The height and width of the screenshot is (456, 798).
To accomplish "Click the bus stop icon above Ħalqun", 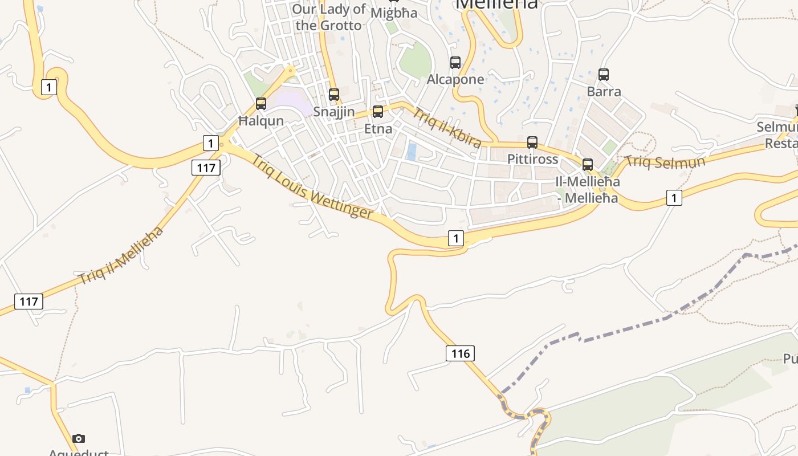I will (261, 104).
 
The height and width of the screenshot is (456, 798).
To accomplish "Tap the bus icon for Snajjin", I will (334, 95).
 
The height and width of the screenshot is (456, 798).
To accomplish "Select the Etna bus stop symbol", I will (378, 112).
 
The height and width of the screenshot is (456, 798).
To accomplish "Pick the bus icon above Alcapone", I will (455, 63).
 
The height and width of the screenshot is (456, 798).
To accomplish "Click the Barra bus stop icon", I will (604, 75).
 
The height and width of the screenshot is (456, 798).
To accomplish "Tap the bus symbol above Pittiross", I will (532, 142).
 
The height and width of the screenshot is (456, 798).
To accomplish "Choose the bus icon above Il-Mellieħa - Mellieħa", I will (588, 165).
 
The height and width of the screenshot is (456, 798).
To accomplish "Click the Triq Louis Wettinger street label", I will (312, 186).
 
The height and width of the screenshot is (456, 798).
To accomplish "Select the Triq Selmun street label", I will (665, 161).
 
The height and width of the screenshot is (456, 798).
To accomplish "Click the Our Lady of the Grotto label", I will (329, 17).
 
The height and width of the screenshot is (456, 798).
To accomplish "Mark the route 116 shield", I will (460, 353).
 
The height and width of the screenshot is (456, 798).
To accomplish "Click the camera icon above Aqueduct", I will (79, 438).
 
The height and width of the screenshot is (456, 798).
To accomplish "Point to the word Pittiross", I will (533, 159).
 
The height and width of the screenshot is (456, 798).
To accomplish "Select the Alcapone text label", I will (455, 79).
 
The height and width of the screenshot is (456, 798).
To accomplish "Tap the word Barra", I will (604, 91).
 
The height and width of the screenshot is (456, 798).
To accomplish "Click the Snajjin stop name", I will (334, 112).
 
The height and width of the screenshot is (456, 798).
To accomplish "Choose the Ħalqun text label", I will (261, 121).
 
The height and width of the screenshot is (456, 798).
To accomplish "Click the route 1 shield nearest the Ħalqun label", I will (211, 142).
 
